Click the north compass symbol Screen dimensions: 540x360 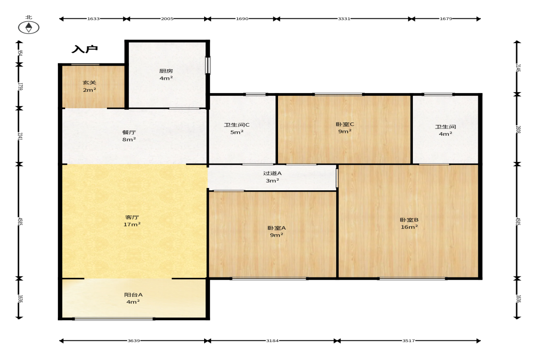point(28,28)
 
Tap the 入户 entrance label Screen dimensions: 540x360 point(85,49)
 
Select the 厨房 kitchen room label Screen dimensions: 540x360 point(166,71)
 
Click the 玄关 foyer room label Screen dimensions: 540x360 point(89,83)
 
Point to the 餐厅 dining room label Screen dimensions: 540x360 point(129,132)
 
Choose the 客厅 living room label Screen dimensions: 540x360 point(132,217)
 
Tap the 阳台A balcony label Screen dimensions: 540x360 point(133,294)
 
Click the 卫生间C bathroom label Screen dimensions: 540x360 point(237,125)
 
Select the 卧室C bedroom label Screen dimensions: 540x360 point(345,124)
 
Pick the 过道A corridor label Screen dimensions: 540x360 point(272,173)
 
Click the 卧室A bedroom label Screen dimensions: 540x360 point(277,228)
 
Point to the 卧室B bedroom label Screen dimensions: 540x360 point(409,220)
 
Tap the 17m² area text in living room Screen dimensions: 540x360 point(132,224)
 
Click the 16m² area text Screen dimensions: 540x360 point(409,227)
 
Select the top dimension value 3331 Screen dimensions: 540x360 point(344,19)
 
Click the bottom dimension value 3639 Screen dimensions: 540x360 point(134,341)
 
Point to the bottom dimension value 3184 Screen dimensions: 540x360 point(273,341)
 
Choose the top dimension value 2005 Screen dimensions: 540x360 point(167,19)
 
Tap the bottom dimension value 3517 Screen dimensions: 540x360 point(408,341)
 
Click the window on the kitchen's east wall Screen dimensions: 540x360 point(208,65)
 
